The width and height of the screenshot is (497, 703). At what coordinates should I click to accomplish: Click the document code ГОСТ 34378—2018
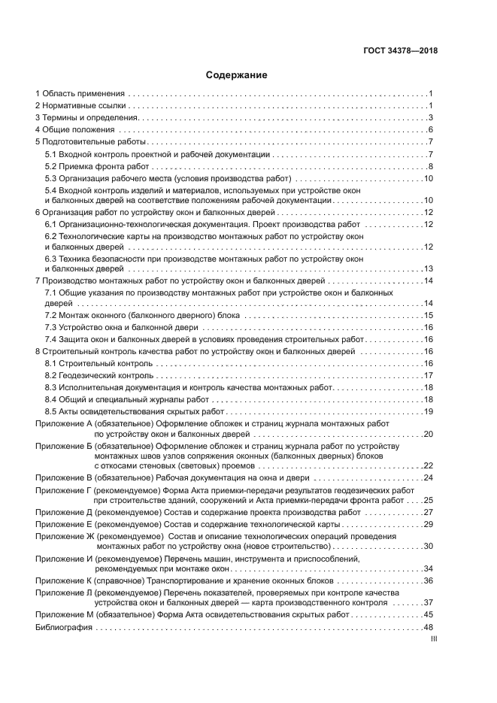399,51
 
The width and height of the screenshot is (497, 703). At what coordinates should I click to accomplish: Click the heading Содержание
237,75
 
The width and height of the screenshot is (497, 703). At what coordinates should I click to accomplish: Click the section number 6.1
51,225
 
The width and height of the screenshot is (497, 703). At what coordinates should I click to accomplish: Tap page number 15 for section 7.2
429,316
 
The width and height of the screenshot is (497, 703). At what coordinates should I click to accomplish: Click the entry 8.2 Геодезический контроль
98,375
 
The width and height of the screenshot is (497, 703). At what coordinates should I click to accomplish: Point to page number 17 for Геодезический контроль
429,375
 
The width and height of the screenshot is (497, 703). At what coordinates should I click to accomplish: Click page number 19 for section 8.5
429,411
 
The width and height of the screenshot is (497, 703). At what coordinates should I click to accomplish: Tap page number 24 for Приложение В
429,477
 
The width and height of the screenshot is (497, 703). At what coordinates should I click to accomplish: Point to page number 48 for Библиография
429,627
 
